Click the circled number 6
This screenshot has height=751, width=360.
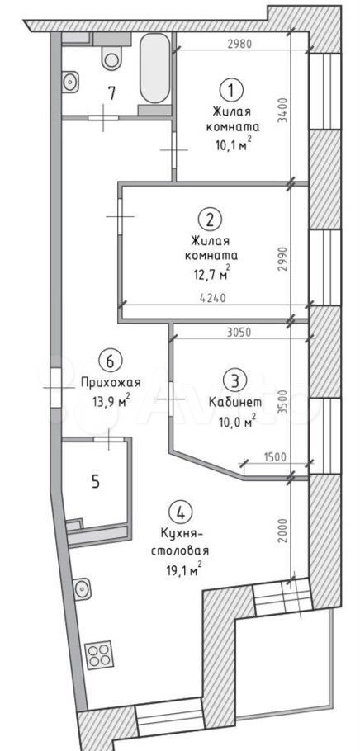pos(110,361)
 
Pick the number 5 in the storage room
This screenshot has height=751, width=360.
pos(96,482)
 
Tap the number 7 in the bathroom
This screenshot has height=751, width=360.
pos(111,93)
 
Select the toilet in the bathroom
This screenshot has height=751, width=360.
pos(111,53)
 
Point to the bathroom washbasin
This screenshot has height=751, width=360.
pos(70,82)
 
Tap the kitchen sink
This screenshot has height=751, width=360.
pos(82,588)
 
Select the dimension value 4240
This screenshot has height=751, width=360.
pos(213,297)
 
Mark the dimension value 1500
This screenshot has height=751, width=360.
pos(275,456)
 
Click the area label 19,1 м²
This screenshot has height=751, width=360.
pos(181,570)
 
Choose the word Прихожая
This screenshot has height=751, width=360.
pos(111,382)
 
